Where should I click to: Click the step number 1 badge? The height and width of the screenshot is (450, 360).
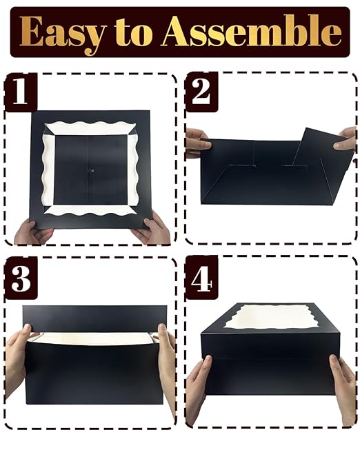point(21,92)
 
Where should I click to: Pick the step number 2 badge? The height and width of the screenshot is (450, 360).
point(201,92)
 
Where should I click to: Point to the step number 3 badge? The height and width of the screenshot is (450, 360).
point(21,278)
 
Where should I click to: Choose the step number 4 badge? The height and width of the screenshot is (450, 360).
point(201,278)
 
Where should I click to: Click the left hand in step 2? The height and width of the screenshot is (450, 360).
point(198,143)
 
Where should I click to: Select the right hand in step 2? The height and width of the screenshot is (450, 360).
point(346,139)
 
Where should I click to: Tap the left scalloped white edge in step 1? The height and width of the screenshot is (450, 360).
point(48,170)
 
